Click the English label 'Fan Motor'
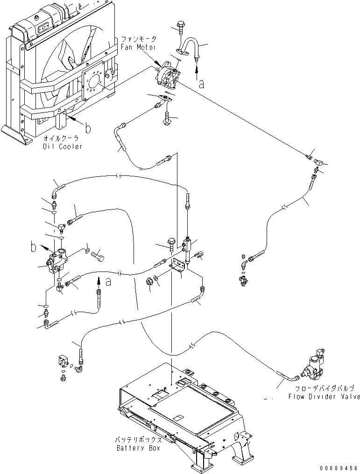[x=138, y=47]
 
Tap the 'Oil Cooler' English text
[x=63, y=146]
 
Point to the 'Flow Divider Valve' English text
[x=324, y=396]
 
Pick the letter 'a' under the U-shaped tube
[x=202, y=84]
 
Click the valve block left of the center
[x=57, y=261]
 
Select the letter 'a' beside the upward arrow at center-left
[x=108, y=282]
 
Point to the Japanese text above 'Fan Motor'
[x=139, y=39]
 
